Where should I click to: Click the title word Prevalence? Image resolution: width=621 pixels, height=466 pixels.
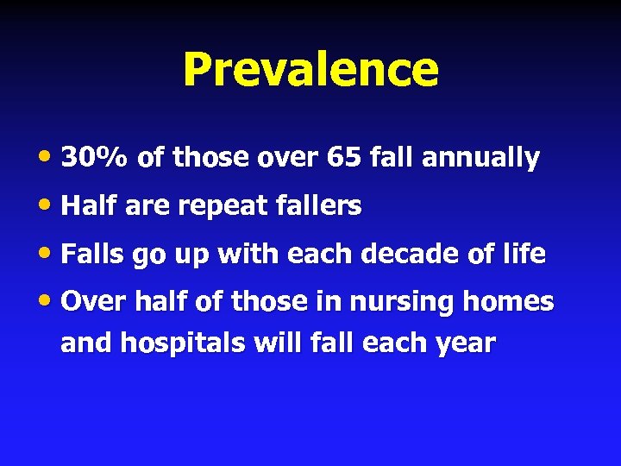310,70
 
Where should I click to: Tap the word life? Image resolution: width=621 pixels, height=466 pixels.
525,255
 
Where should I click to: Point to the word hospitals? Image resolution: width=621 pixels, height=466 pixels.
184,344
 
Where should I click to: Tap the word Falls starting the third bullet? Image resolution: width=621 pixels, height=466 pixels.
91,255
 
